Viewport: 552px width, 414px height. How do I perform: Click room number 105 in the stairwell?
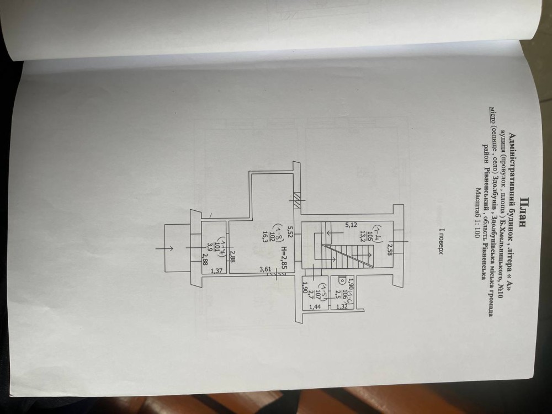385,231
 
